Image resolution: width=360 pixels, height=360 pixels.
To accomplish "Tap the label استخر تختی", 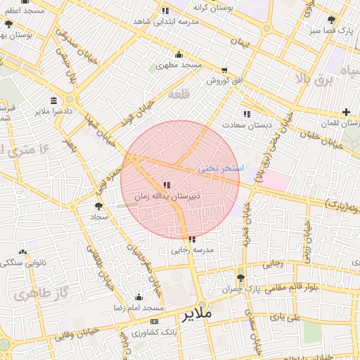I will click(220, 169).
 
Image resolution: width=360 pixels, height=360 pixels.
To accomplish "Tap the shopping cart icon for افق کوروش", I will click(224, 70).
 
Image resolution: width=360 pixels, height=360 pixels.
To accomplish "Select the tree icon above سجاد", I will click(98, 206).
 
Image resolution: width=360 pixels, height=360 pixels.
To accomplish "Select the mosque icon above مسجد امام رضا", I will click(138, 297).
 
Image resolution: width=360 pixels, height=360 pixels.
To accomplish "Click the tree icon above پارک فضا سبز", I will click(331, 20).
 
